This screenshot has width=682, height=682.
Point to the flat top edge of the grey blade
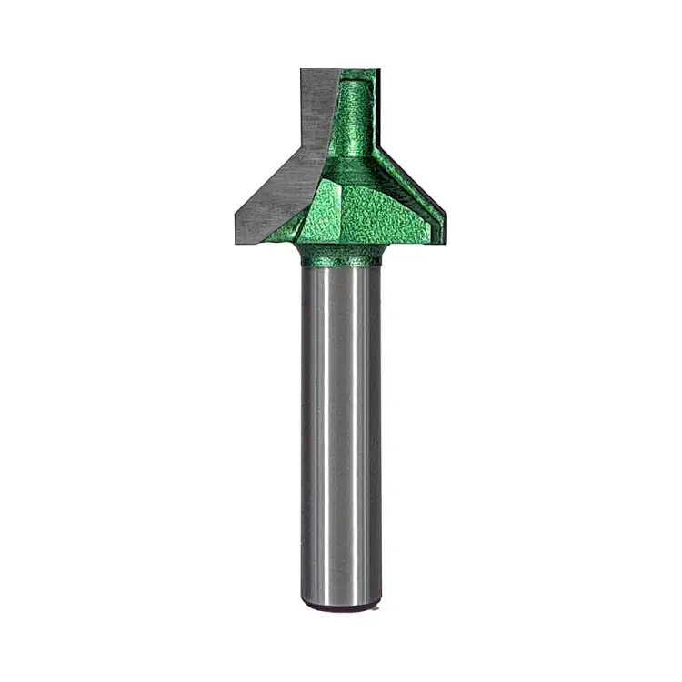tap(319, 70)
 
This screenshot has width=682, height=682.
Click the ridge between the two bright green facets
tap(337, 205)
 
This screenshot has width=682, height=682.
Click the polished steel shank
tap(341, 436)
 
